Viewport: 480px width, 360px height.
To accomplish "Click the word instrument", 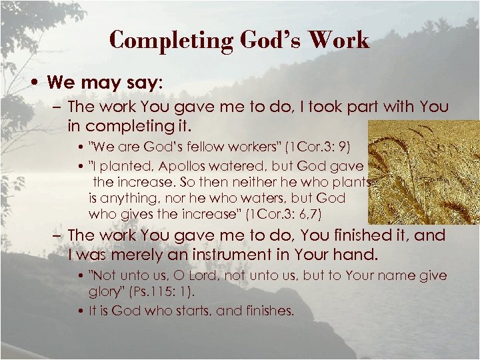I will pyautogui.click(x=261, y=254).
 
